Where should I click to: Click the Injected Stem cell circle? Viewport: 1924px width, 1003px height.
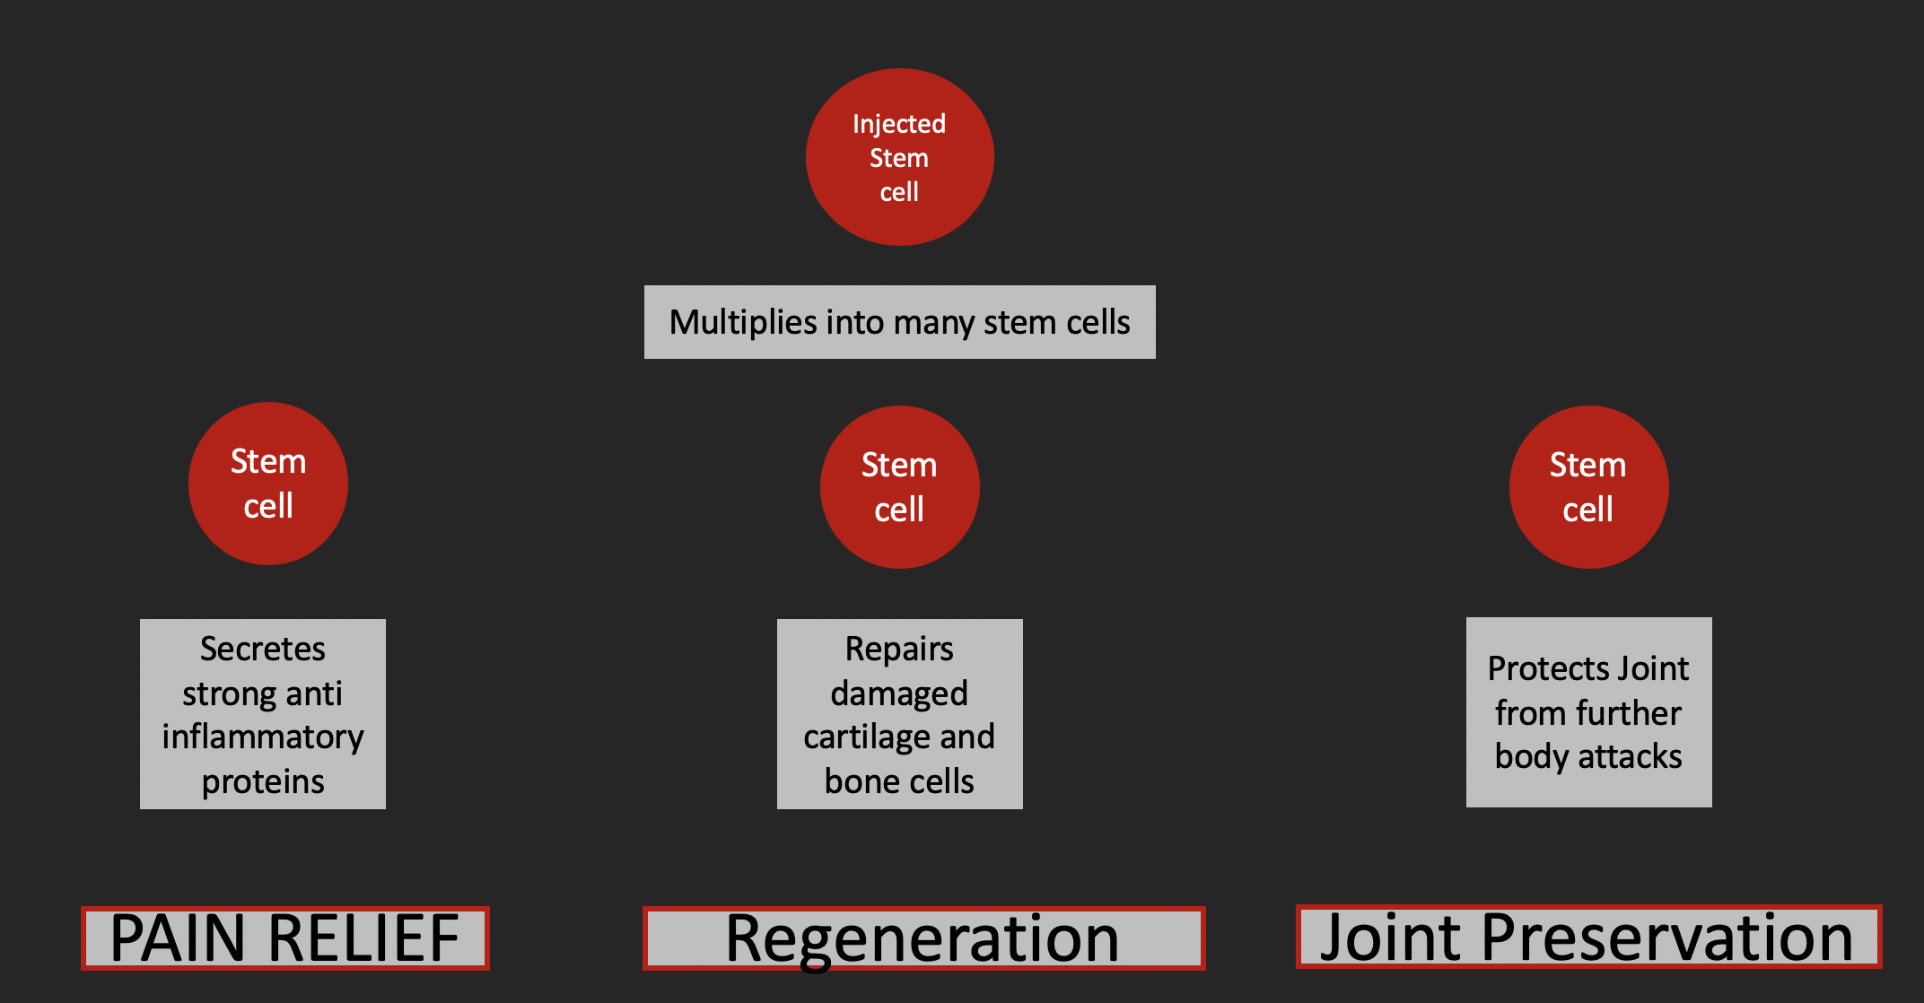[x=899, y=157]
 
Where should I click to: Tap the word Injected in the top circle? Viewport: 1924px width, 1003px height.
[x=899, y=124]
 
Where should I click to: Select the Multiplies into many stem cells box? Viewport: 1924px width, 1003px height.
[x=899, y=322]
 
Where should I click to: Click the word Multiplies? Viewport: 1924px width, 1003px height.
[x=743, y=323]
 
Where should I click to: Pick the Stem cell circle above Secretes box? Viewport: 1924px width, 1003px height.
[x=268, y=484]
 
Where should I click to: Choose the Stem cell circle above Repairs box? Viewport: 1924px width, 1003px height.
[x=899, y=487]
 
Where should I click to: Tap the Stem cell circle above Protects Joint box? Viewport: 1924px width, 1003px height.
[x=1588, y=487]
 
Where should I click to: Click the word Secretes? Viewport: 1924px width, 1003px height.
[x=263, y=649]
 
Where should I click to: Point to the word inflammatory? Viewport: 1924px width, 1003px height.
[x=263, y=737]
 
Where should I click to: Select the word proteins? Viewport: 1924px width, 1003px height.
[x=263, y=782]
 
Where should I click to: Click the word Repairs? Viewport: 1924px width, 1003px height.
[x=899, y=650]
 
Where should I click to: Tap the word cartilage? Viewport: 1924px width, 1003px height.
[x=867, y=737]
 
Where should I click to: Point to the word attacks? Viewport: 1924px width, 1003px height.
[x=1631, y=757]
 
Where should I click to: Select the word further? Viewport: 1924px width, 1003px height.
[x=1629, y=713]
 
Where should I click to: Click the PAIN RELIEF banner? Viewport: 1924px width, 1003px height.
[x=285, y=938]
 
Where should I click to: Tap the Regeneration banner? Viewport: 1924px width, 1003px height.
[x=924, y=938]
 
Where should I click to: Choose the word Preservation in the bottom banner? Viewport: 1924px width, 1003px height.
[x=1667, y=938]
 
